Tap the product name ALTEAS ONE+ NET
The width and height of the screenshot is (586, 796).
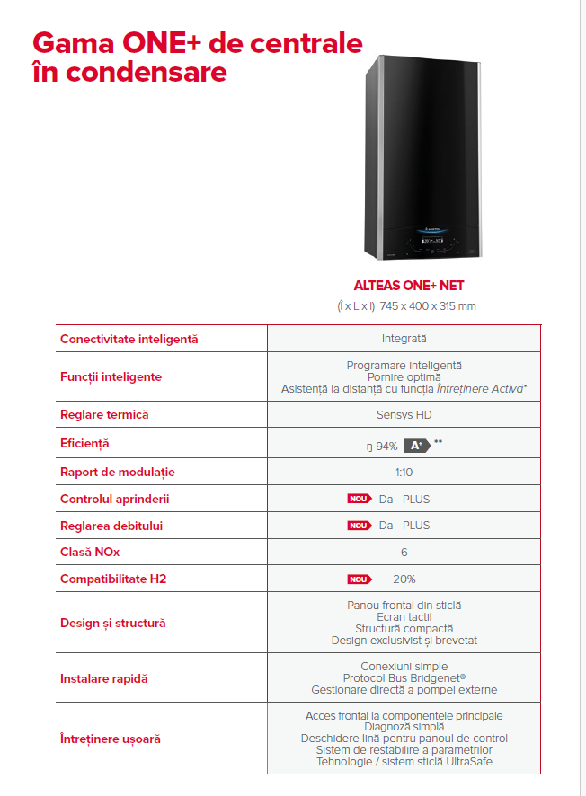pyautogui.click(x=404, y=287)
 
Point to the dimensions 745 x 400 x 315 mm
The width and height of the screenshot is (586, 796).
pyautogui.click(x=428, y=306)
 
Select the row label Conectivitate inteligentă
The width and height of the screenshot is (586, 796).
pyautogui.click(x=129, y=339)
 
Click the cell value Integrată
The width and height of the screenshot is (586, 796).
pyautogui.click(x=404, y=339)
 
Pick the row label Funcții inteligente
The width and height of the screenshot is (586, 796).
pyautogui.click(x=111, y=376)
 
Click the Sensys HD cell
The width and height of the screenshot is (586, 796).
pyautogui.click(x=404, y=415)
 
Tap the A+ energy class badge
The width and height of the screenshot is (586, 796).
pyautogui.click(x=414, y=445)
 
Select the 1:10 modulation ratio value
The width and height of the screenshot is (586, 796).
pyautogui.click(x=404, y=472)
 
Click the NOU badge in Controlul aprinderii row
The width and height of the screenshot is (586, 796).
pyautogui.click(x=360, y=499)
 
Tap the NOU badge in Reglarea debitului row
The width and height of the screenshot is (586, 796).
pyautogui.click(x=360, y=526)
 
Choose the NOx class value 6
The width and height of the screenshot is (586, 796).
pyautogui.click(x=404, y=553)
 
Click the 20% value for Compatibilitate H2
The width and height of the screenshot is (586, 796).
pyautogui.click(x=404, y=579)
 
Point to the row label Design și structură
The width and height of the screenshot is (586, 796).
pyautogui.click(x=112, y=623)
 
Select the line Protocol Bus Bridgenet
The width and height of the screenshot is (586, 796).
pyautogui.click(x=404, y=678)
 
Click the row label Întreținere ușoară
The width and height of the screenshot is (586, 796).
pyautogui.click(x=110, y=739)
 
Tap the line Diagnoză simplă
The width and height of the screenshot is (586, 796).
pyautogui.click(x=404, y=727)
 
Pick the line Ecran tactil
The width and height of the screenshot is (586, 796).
pyautogui.click(x=404, y=617)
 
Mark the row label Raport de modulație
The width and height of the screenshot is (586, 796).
pyautogui.click(x=117, y=472)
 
